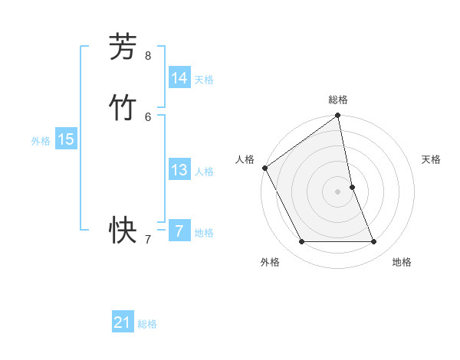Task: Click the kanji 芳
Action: click(x=123, y=47)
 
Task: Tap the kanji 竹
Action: click(x=123, y=108)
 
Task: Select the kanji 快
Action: click(x=123, y=230)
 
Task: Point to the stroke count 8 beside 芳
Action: click(x=148, y=56)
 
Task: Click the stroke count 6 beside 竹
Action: click(x=148, y=116)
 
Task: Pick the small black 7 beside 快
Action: click(x=148, y=240)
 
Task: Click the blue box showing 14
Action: click(x=179, y=78)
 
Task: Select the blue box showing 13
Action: click(x=179, y=170)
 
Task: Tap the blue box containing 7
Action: click(x=179, y=231)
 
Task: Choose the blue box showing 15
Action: click(x=66, y=139)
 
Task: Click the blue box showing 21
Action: click(x=123, y=322)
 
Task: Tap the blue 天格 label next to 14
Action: click(x=204, y=80)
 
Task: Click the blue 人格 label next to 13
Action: click(x=204, y=172)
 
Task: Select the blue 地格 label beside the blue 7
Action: click(x=204, y=233)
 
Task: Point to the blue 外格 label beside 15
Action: click(x=41, y=141)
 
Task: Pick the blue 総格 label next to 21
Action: click(x=147, y=325)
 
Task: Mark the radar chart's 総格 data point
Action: click(x=338, y=116)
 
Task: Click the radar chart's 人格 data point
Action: click(x=264, y=168)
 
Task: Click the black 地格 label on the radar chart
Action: click(x=402, y=263)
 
